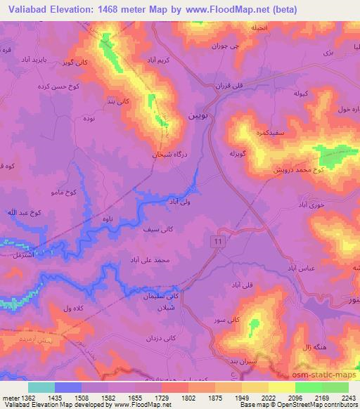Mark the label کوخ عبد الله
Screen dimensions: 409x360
point(22,212)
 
